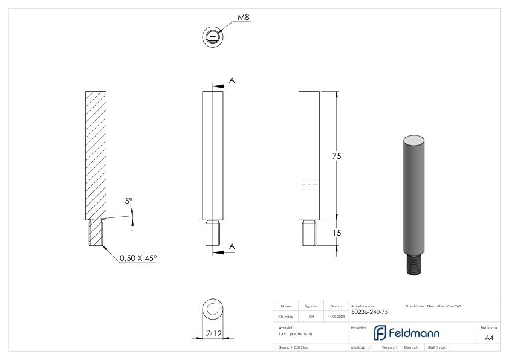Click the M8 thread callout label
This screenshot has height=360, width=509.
point(244,17)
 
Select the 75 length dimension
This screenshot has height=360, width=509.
point(337,156)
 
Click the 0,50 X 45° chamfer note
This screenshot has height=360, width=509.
point(137,258)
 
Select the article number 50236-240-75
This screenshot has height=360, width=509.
point(369,312)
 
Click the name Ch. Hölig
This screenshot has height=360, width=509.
point(287,316)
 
